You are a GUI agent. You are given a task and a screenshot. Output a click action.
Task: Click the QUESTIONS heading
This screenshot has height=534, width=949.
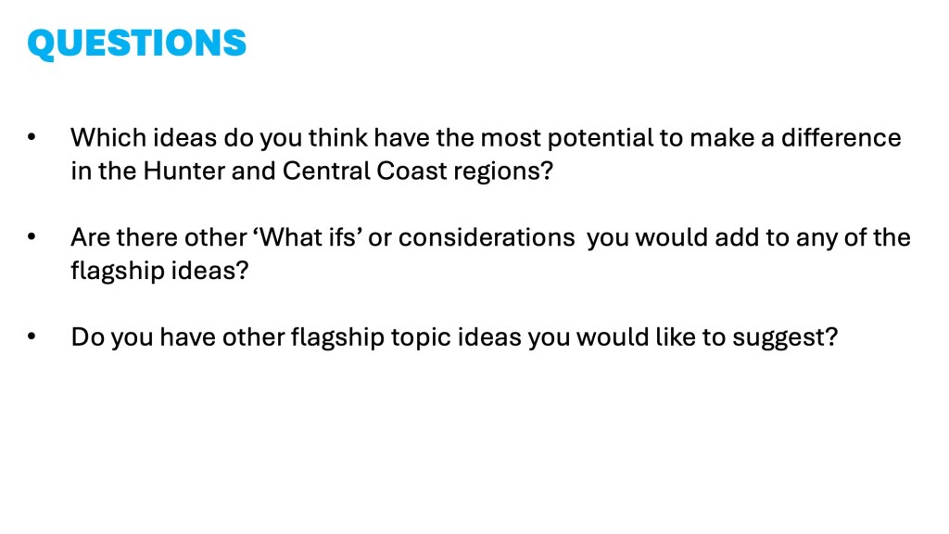pyautogui.click(x=137, y=43)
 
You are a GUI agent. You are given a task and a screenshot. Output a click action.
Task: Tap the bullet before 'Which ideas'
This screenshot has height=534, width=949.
pyautogui.click(x=32, y=138)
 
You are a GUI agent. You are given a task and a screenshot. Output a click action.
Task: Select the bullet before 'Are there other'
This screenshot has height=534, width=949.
pyautogui.click(x=32, y=237)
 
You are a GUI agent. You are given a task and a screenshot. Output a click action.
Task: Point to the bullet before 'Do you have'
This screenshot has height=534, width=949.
pyautogui.click(x=32, y=337)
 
